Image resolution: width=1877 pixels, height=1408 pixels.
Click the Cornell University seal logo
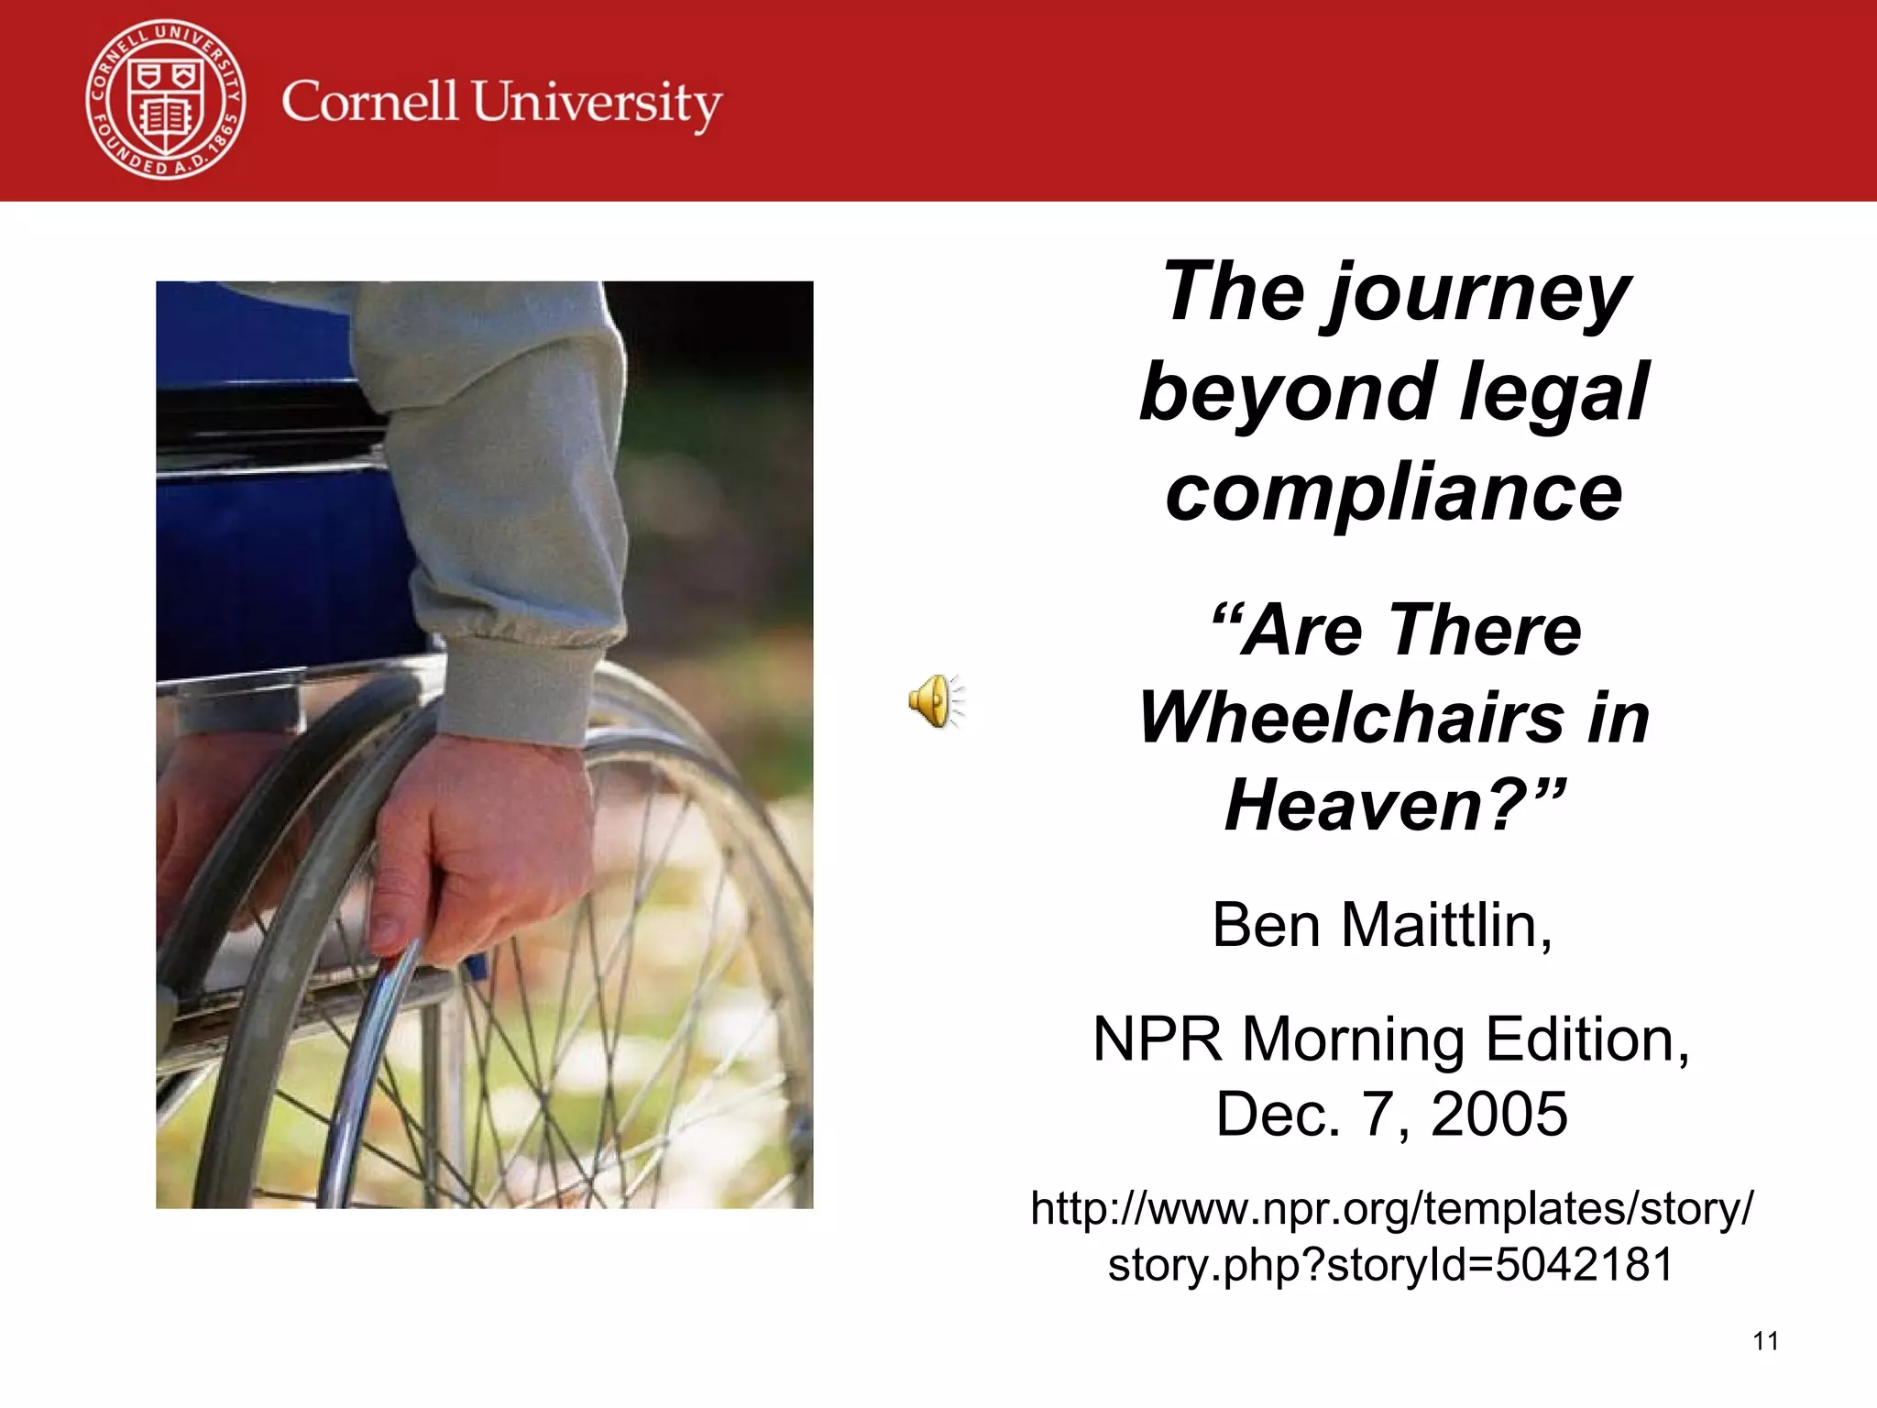click(166, 99)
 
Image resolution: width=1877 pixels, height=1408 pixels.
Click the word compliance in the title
click(1393, 492)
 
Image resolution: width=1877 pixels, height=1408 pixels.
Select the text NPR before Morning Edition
click(1158, 1039)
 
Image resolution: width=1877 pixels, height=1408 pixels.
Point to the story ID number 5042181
click(1584, 1264)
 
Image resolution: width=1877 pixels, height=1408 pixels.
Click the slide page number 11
click(1765, 1342)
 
